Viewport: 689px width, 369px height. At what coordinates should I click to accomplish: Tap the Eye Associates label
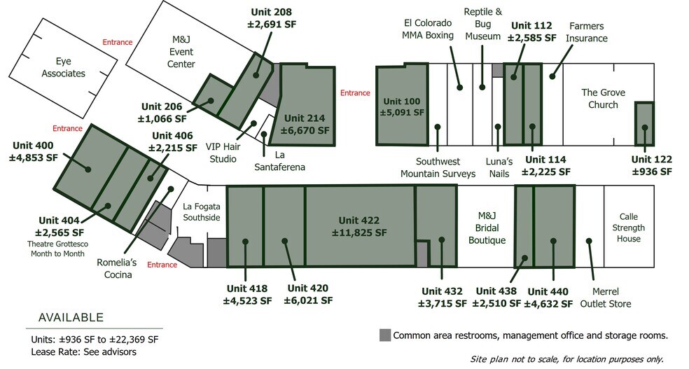[x=64, y=67]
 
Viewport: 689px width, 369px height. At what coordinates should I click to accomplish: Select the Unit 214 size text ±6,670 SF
[x=305, y=130]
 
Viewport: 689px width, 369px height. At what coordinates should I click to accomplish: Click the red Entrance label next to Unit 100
[x=355, y=93]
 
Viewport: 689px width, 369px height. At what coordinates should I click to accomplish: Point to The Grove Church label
[x=603, y=99]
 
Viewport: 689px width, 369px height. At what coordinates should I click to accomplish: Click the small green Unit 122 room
[x=644, y=124]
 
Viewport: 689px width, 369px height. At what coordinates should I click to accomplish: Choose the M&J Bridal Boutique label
[x=487, y=228]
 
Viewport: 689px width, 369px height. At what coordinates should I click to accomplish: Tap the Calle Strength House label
[x=628, y=228]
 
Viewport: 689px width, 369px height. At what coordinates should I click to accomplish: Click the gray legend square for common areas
[x=385, y=335]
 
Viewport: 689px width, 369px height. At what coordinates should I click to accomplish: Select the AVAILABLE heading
[x=71, y=318]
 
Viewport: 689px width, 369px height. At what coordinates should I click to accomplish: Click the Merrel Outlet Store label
[x=606, y=298]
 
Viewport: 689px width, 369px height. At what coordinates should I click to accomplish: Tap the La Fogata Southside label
[x=202, y=211]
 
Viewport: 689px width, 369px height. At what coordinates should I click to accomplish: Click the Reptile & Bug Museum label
[x=483, y=25]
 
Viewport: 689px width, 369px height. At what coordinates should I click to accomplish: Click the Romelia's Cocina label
[x=118, y=268]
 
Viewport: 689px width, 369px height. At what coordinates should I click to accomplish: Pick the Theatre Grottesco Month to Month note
[x=57, y=249]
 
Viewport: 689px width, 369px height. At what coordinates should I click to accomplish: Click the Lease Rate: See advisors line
[x=83, y=352]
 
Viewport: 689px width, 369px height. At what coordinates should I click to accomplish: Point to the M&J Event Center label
[x=181, y=52]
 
